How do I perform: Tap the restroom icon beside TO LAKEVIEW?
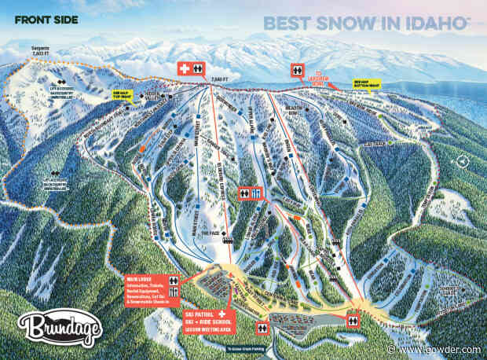point(297,69)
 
